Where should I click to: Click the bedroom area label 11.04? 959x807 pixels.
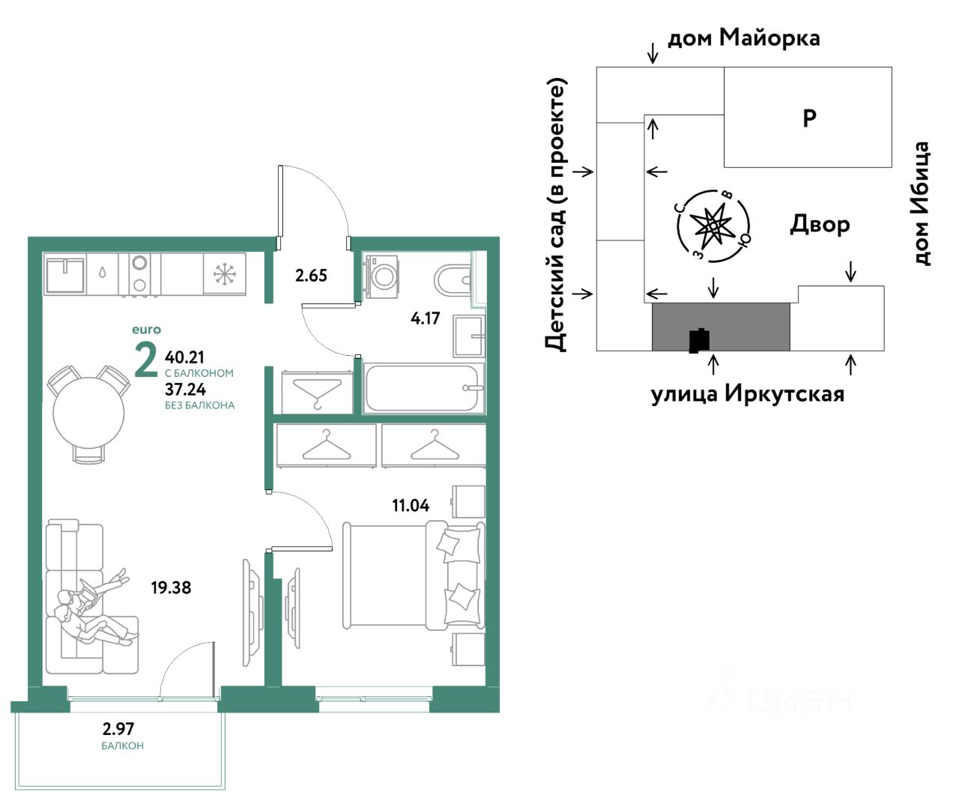tap(411, 506)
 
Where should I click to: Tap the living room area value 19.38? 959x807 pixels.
tap(171, 587)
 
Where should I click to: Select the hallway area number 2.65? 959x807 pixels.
tap(311, 276)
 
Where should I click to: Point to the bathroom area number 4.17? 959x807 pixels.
tap(425, 318)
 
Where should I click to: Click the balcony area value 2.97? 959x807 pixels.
tap(118, 728)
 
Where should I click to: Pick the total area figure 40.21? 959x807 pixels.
tap(184, 357)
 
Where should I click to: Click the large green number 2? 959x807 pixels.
tap(146, 360)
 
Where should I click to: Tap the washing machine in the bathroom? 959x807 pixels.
tap(381, 276)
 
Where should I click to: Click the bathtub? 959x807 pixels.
tap(423, 388)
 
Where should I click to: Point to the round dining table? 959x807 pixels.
tap(88, 412)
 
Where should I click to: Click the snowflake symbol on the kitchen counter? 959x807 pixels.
tap(225, 274)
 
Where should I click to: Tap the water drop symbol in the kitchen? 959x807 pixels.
tap(102, 272)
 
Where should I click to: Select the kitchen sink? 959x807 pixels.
tap(65, 275)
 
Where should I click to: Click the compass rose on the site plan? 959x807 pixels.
tap(713, 226)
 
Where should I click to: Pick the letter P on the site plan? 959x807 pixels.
tap(809, 118)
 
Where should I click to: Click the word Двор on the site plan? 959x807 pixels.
tap(820, 225)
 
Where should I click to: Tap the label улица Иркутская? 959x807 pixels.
tap(748, 394)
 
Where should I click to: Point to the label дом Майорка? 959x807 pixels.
tap(743, 37)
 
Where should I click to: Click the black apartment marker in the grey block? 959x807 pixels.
tap(700, 340)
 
